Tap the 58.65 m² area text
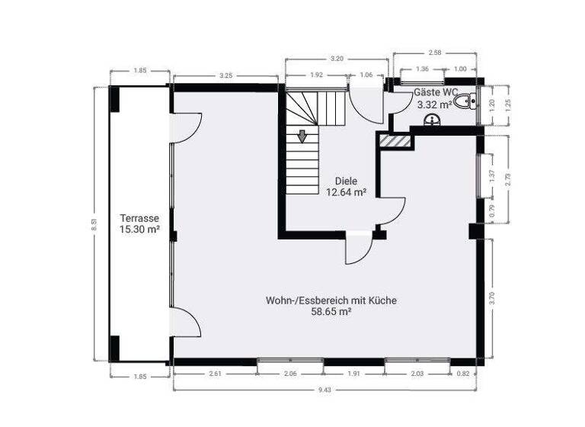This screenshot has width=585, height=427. tap(331, 312)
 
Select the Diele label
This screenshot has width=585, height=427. tap(347, 181)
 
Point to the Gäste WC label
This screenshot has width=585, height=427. tap(436, 92)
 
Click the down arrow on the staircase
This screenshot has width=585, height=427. tap(302, 136)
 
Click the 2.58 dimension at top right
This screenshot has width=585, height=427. tap(435, 53)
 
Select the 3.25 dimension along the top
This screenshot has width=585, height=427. tap(225, 76)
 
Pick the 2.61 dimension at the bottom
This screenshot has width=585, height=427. tap(215, 374)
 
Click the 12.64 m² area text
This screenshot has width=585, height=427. tap(347, 193)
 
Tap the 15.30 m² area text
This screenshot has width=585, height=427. tap(139, 229)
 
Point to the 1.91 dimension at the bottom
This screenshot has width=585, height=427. tap(353, 374)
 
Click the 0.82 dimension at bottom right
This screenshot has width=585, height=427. tap(464, 374)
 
